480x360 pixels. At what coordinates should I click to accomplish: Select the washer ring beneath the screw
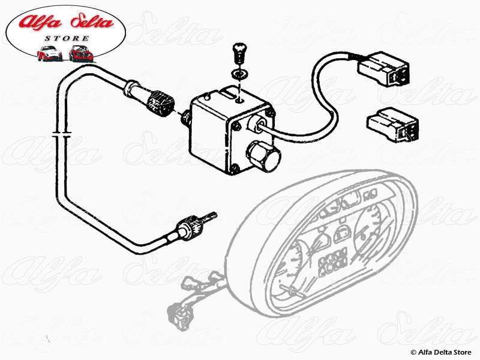[x=239, y=73]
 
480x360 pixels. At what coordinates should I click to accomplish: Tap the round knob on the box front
[x=264, y=156]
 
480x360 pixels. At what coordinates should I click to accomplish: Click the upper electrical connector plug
[x=383, y=69]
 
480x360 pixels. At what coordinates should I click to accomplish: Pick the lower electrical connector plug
[x=393, y=124]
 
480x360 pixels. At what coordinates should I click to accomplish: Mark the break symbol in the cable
[x=62, y=134]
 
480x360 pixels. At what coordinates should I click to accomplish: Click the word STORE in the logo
[x=67, y=38]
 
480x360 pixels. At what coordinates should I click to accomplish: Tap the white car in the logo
[x=50, y=53]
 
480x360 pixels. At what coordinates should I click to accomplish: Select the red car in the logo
[x=81, y=53]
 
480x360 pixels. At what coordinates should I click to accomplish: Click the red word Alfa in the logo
[x=40, y=22]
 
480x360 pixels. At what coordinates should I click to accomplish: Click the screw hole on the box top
[x=239, y=100]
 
